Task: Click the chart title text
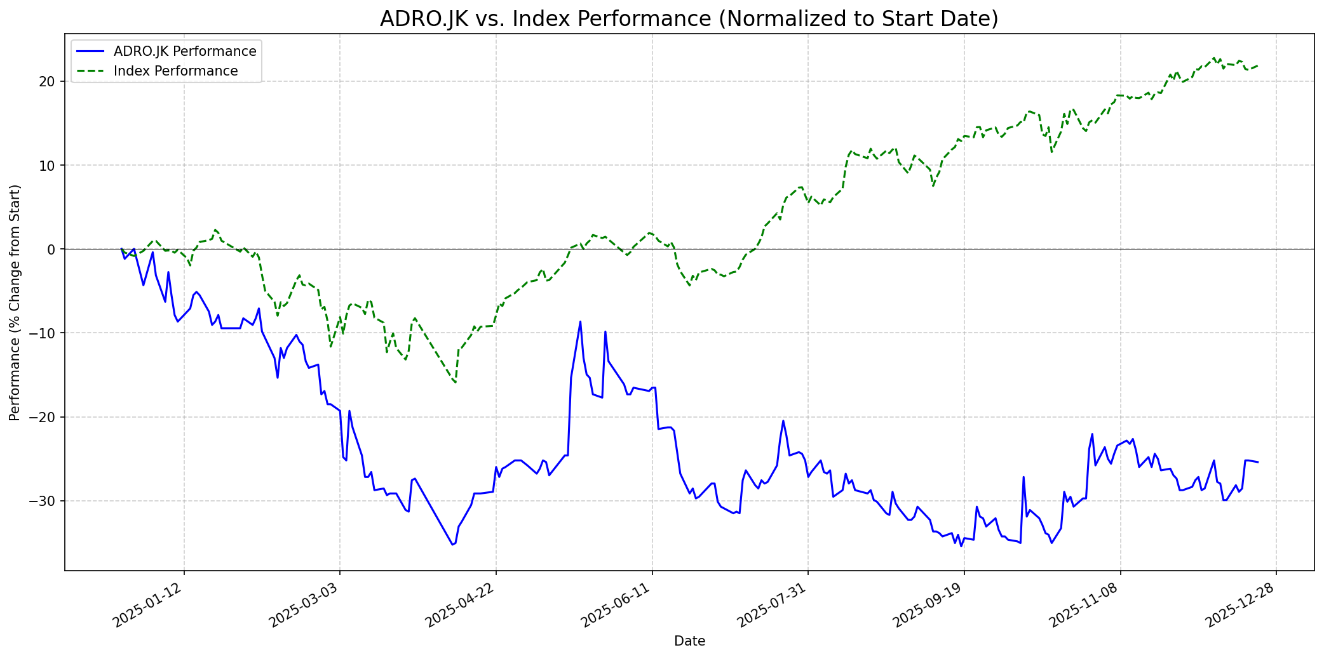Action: [689, 19]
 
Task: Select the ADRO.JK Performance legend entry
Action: [184, 51]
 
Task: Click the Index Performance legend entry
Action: [175, 71]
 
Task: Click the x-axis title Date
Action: [689, 641]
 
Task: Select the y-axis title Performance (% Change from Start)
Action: [15, 302]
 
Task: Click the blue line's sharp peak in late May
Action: [580, 322]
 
